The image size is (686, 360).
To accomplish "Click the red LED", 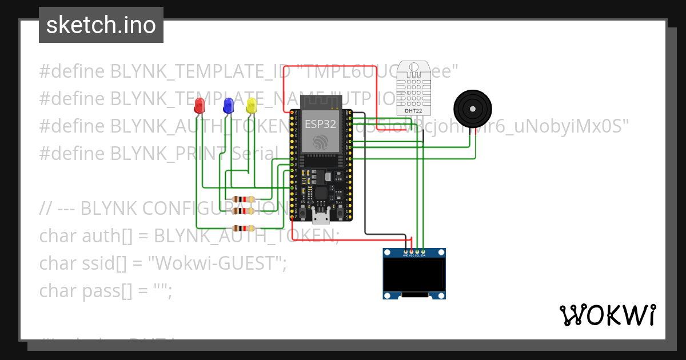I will click(x=199, y=105).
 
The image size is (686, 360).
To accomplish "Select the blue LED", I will click(x=228, y=105).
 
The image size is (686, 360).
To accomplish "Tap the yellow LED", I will click(x=251, y=105).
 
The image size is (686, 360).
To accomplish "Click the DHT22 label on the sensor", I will click(x=413, y=111).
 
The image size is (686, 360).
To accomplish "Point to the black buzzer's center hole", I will click(x=472, y=108).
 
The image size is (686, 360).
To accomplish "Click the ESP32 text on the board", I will click(x=320, y=123).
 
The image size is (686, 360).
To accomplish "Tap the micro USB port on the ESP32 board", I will click(x=321, y=215).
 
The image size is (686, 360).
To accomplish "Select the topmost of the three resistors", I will click(x=245, y=199).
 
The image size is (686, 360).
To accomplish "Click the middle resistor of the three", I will click(x=245, y=211).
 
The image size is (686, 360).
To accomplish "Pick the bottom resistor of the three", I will click(x=245, y=227).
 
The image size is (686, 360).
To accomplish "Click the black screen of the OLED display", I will click(x=414, y=274).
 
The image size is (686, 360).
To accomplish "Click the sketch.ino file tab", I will click(x=101, y=25).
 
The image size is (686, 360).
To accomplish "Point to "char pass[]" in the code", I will click(x=86, y=291).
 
